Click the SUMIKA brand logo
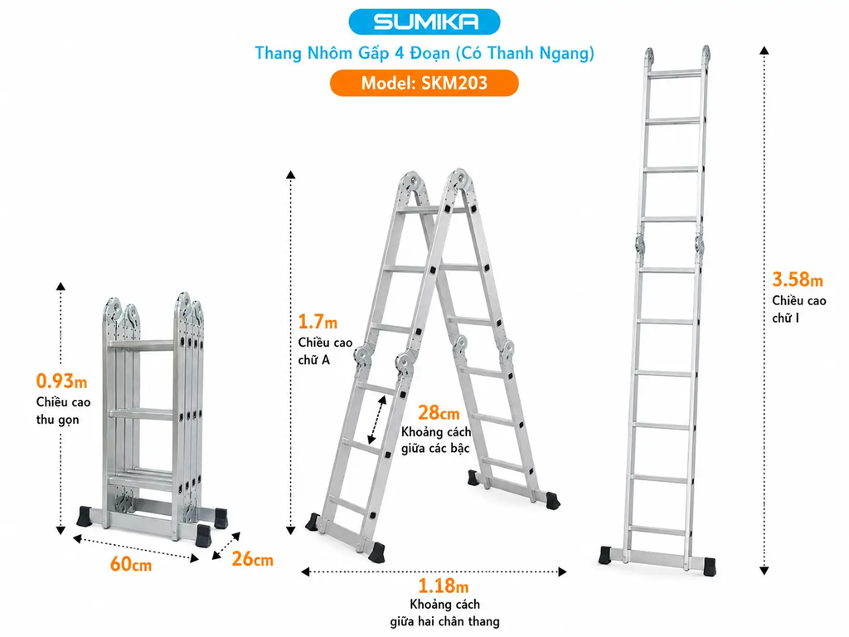click(424, 22)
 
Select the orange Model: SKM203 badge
click(424, 83)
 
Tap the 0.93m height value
click(61, 382)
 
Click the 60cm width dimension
click(130, 564)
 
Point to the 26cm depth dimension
click(252, 559)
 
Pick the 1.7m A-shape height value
click(318, 322)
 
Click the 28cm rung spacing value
click(439, 413)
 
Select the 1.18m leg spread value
click(443, 586)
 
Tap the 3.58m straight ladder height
click(798, 280)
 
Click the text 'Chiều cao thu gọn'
click(63, 411)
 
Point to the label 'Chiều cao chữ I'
click(799, 309)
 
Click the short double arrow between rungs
click(377, 420)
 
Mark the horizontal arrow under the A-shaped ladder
click(434, 571)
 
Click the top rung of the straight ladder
click(675, 73)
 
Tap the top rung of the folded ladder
click(141, 343)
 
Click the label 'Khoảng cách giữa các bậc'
click(436, 440)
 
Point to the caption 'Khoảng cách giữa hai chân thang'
click(444, 613)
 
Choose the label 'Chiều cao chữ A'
click(325, 351)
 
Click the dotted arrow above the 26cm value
click(226, 546)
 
